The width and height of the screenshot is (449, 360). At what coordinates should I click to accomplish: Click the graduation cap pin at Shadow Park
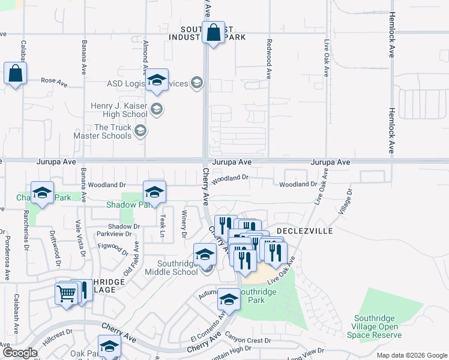[154, 192]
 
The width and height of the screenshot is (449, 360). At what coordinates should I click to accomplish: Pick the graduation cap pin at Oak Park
[109, 347]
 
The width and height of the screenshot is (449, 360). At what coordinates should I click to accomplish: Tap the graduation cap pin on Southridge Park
[229, 299]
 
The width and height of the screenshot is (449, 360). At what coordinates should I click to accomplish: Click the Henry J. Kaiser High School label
[119, 110]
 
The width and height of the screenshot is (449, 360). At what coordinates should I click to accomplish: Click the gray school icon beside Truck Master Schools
[140, 131]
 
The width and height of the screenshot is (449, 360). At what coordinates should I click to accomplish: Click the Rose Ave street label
[53, 80]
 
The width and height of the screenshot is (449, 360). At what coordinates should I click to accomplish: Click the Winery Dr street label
[184, 226]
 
